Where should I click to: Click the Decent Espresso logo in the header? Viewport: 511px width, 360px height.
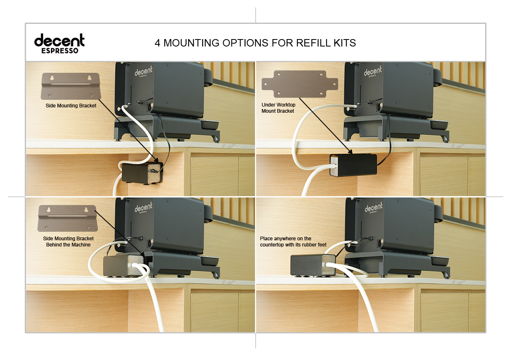tap(59, 43)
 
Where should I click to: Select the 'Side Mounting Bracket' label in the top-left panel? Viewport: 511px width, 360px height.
tap(71, 106)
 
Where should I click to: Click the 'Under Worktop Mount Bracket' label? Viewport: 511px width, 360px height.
tap(278, 108)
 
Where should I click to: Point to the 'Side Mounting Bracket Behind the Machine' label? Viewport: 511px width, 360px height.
tap(68, 242)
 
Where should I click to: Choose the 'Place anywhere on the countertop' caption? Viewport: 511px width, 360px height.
tap(293, 242)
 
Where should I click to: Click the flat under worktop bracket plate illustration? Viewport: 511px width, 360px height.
tap(300, 84)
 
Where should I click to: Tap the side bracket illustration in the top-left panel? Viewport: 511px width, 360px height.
tap(71, 86)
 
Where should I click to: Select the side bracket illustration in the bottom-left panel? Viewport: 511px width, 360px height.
tap(68, 218)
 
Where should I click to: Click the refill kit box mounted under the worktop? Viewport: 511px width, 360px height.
tap(353, 165)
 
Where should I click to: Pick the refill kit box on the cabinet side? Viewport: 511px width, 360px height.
tap(142, 172)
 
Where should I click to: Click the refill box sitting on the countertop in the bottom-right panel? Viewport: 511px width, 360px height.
tap(313, 265)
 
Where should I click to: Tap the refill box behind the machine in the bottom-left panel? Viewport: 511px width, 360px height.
tap(124, 265)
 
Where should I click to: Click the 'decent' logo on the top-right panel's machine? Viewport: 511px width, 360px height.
tap(373, 71)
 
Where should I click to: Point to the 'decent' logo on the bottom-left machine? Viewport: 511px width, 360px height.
tap(143, 208)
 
